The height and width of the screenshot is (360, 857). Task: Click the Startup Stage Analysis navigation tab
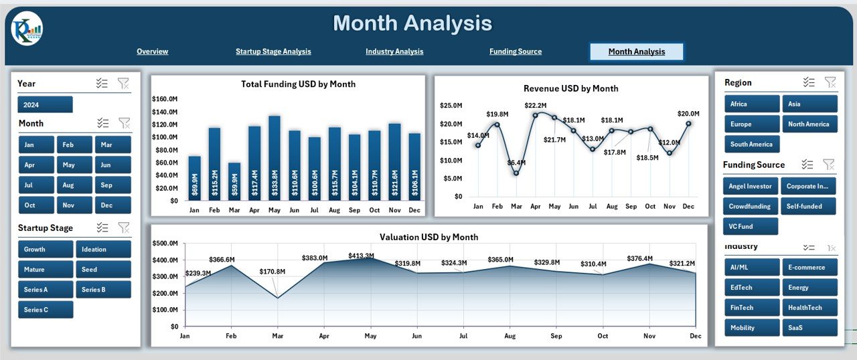[x=273, y=52]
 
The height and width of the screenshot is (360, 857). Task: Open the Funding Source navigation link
[x=515, y=52]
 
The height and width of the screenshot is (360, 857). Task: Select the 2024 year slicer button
[x=45, y=104]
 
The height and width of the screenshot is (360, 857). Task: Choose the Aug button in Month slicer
[x=74, y=185]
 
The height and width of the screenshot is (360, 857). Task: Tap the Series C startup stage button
[x=46, y=310]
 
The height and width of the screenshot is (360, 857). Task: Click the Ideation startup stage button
[x=103, y=250]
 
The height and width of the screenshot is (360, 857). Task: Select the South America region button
[x=752, y=145]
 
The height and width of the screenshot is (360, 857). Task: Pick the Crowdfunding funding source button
[x=751, y=206]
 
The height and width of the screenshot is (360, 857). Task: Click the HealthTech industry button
[x=809, y=308]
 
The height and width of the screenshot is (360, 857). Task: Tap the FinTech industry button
[x=752, y=308]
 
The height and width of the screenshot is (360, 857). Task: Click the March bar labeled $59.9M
[x=234, y=181]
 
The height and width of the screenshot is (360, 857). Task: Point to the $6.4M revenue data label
[x=516, y=163]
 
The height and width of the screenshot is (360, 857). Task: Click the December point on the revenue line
[x=688, y=123]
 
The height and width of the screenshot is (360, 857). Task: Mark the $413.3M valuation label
[x=362, y=256]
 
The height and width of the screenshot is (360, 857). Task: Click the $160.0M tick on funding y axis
[x=165, y=99]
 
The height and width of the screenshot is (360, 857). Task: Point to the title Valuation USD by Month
[x=428, y=237]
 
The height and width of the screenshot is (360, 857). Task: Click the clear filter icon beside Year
[x=123, y=84]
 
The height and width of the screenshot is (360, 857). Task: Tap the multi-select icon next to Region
[x=809, y=82]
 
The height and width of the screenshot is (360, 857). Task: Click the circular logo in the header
[x=27, y=29]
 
